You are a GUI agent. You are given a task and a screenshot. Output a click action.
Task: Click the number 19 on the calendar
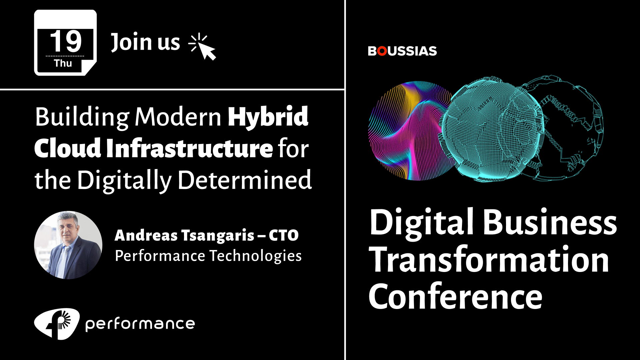66,41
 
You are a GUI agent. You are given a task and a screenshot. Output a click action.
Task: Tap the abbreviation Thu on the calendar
63,63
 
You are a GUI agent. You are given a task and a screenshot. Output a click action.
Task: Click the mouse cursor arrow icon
202,47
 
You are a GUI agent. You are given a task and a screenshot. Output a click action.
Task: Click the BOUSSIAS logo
402,51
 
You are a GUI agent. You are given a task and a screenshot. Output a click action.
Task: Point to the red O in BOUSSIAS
382,51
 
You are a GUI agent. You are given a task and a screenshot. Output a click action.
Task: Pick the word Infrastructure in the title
189,148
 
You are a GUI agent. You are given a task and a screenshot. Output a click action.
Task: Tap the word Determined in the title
245,180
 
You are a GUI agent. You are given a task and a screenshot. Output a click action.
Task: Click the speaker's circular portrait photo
68,245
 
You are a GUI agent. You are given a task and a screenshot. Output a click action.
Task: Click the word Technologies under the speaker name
255,256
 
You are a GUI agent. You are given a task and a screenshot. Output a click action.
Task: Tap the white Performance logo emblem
57,324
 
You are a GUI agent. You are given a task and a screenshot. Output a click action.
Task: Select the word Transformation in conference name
490,260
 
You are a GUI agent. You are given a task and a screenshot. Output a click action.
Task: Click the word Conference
456,296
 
